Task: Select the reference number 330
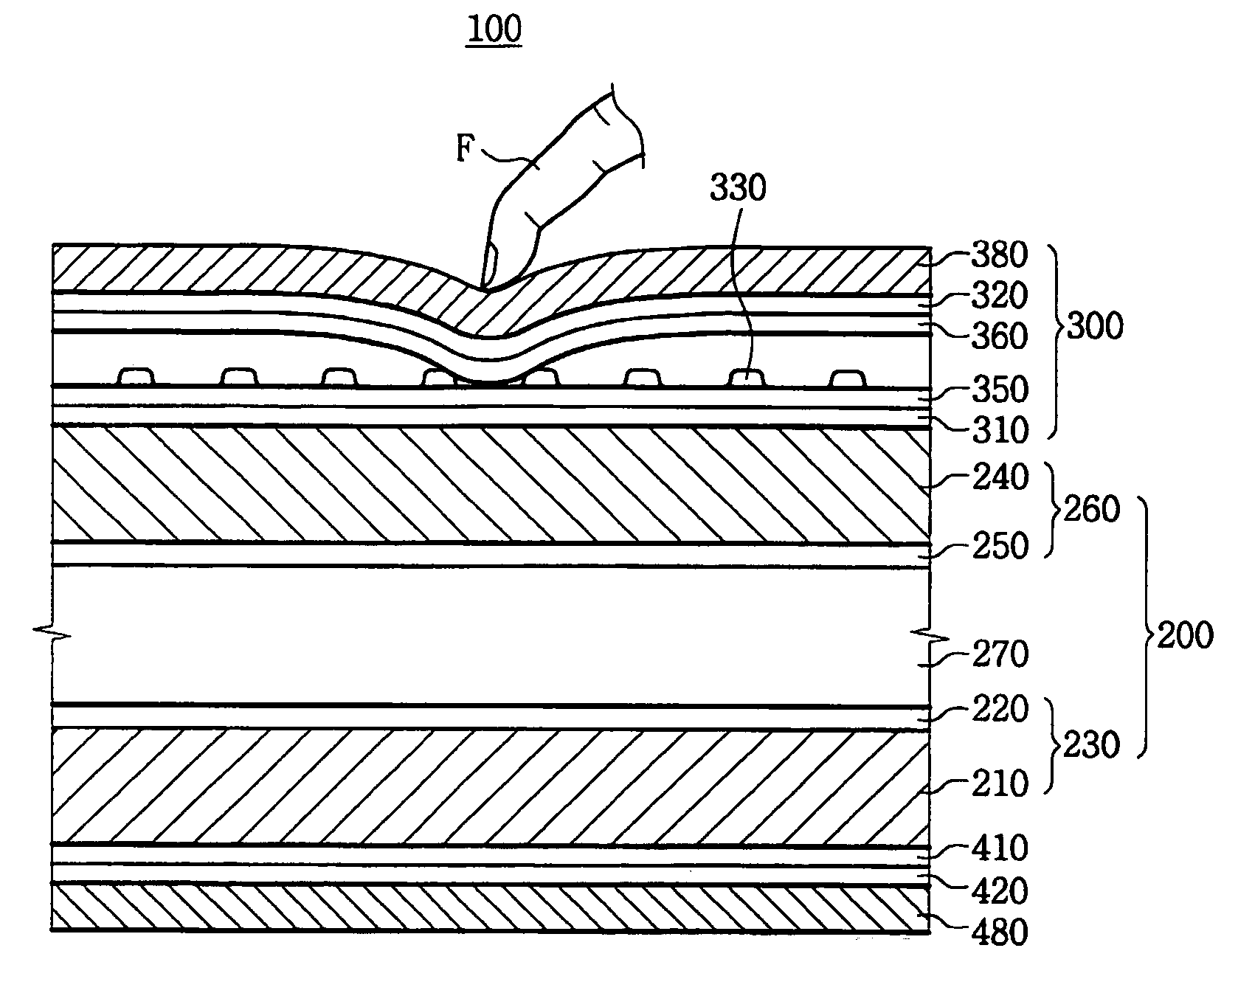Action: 738,189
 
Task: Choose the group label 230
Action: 1091,746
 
